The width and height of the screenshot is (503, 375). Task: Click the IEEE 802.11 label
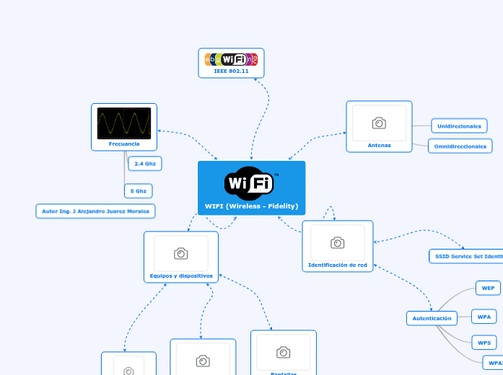pyautogui.click(x=231, y=71)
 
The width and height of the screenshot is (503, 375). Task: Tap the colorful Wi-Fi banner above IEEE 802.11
pyautogui.click(x=231, y=59)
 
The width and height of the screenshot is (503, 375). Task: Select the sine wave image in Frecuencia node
pyautogui.click(x=124, y=123)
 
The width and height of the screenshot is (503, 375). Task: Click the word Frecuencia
pyautogui.click(x=124, y=144)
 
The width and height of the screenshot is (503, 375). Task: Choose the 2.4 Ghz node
pyautogui.click(x=145, y=164)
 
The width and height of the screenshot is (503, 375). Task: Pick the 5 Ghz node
pyautogui.click(x=139, y=191)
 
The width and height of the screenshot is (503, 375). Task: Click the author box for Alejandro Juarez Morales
pyautogui.click(x=96, y=211)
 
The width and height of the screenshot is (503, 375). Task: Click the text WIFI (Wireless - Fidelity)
pyautogui.click(x=251, y=206)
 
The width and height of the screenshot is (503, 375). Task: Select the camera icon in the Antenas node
pyautogui.click(x=379, y=123)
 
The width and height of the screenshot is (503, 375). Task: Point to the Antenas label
pyautogui.click(x=379, y=145)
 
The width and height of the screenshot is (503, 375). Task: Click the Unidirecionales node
pyautogui.click(x=459, y=126)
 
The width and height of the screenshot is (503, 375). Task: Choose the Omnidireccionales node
pyautogui.click(x=460, y=146)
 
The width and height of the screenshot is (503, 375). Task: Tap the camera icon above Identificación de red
pyautogui.click(x=337, y=242)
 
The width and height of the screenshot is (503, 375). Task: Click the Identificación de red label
pyautogui.click(x=337, y=265)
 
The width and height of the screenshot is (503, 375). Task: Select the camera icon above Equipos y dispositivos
pyautogui.click(x=181, y=253)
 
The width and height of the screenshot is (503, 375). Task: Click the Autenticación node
pyautogui.click(x=432, y=317)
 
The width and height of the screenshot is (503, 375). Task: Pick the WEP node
pyautogui.click(x=488, y=288)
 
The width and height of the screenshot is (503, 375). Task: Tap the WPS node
pyautogui.click(x=484, y=342)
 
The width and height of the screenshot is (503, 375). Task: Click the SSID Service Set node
pyautogui.click(x=466, y=256)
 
